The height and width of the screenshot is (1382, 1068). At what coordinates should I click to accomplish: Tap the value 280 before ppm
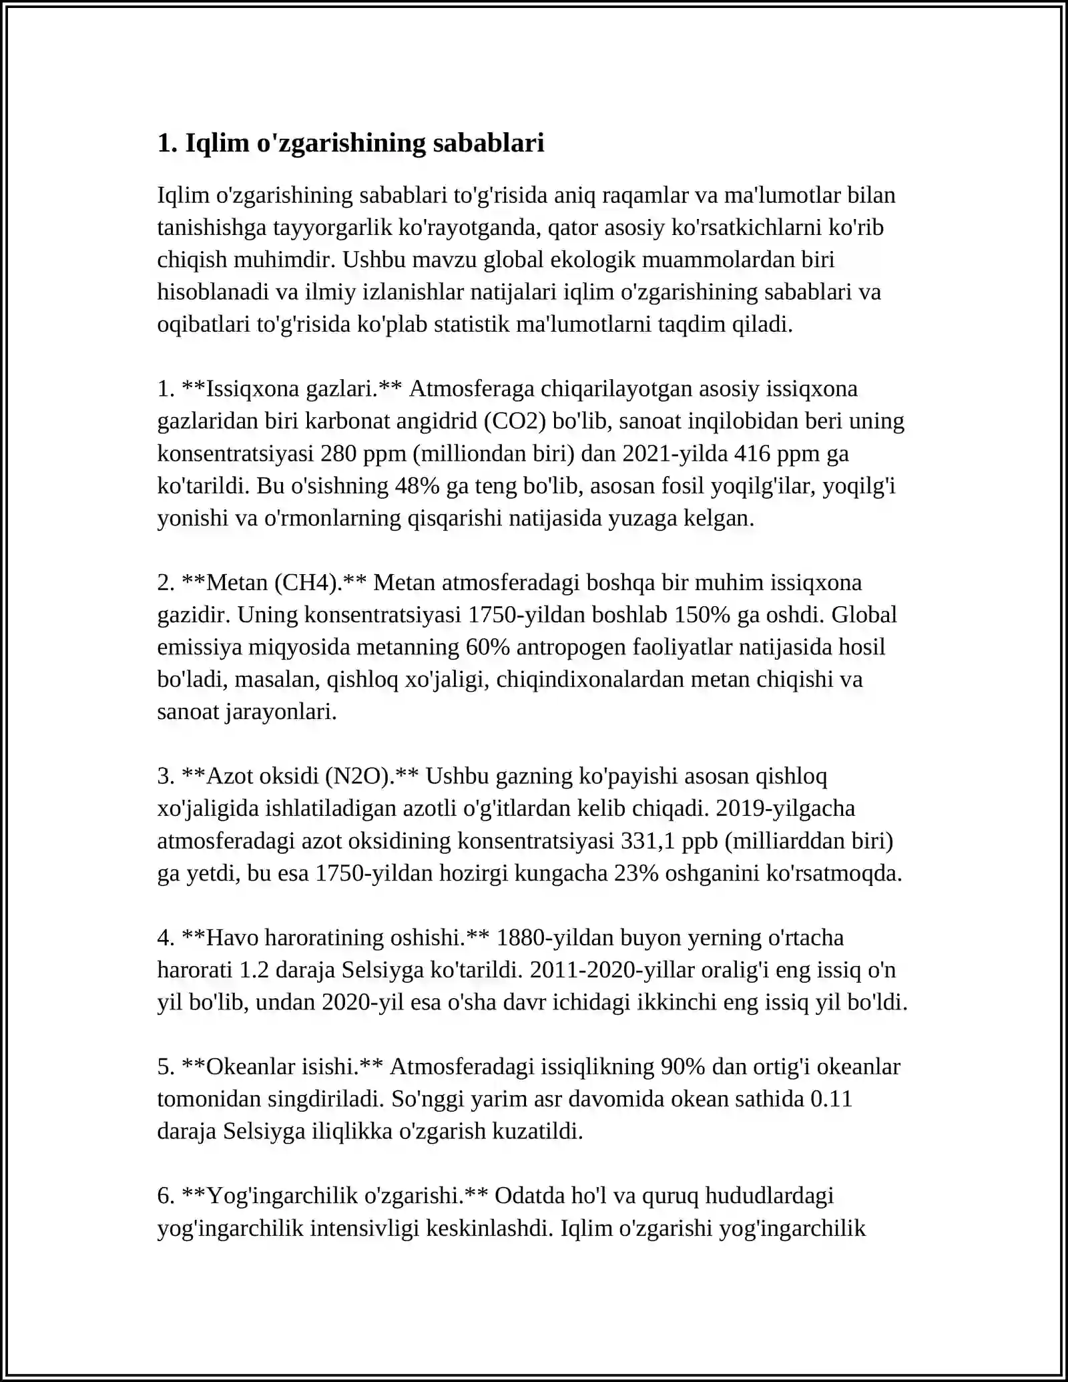(338, 453)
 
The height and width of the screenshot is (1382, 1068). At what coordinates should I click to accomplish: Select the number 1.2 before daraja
(254, 969)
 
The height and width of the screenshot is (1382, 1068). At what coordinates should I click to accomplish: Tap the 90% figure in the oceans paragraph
(682, 1066)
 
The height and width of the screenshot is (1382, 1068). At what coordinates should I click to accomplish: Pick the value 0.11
(831, 1099)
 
